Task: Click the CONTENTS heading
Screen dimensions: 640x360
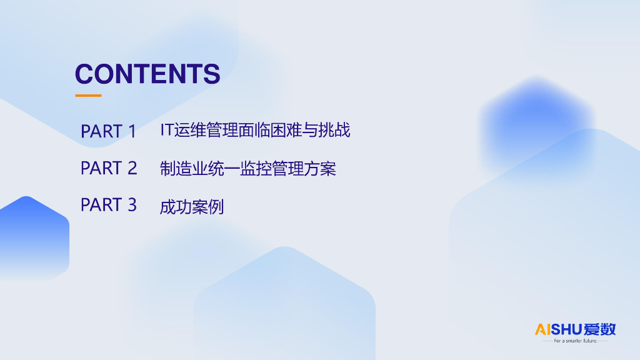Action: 147,74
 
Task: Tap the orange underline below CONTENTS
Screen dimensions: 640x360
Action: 88,96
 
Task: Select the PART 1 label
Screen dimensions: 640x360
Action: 108,131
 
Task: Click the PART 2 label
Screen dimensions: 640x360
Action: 109,168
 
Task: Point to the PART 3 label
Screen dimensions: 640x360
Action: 109,205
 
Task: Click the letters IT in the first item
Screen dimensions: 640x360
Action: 167,130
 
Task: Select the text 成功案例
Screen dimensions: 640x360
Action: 192,207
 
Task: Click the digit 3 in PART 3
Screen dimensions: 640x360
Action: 132,205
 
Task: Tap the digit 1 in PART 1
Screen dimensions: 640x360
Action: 132,131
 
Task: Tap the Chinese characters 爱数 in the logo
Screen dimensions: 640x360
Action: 599,329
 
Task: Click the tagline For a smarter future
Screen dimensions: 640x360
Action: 576,341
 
